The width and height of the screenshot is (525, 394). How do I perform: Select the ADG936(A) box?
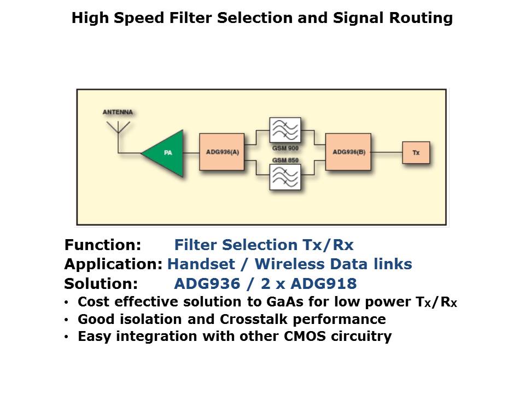[x=221, y=152]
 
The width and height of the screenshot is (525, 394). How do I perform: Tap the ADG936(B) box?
[x=348, y=152]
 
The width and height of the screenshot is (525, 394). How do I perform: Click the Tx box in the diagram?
[x=416, y=153]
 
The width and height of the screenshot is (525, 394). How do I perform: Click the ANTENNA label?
[x=118, y=112]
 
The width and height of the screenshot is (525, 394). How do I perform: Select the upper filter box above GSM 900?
[x=285, y=130]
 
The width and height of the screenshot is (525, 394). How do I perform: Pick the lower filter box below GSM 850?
[x=285, y=177]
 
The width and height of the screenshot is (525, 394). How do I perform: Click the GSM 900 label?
[x=285, y=148]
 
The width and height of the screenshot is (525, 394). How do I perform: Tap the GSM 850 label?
[x=285, y=159]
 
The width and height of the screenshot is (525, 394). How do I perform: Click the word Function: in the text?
[x=103, y=245]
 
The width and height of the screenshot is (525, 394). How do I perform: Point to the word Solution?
[x=101, y=284]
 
